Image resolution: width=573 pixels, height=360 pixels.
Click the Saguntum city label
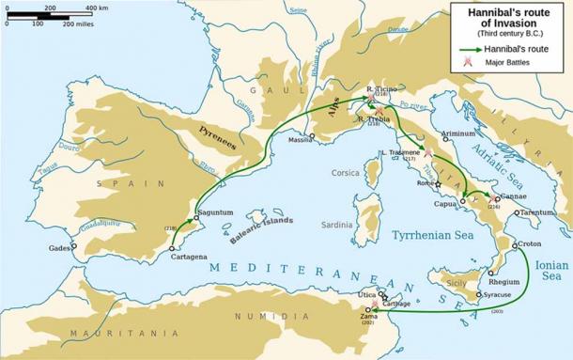pos(214,212)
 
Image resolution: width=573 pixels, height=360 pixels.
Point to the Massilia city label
pos(300,140)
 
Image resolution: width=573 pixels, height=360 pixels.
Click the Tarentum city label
pos(537,212)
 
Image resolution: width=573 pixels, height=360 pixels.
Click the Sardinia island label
pos(337,225)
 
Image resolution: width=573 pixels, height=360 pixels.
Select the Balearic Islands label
pos(261,230)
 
